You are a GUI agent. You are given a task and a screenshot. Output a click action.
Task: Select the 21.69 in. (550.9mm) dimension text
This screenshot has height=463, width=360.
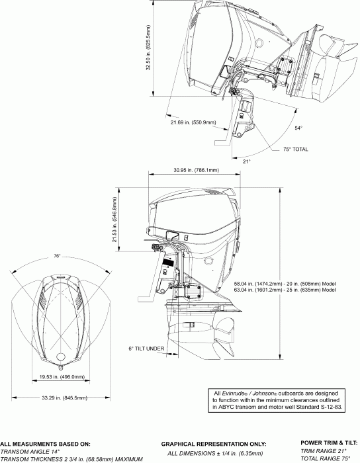pyautogui.click(x=193, y=122)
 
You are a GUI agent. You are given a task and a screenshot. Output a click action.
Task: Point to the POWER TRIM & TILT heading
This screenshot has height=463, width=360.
pyautogui.click(x=329, y=444)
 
